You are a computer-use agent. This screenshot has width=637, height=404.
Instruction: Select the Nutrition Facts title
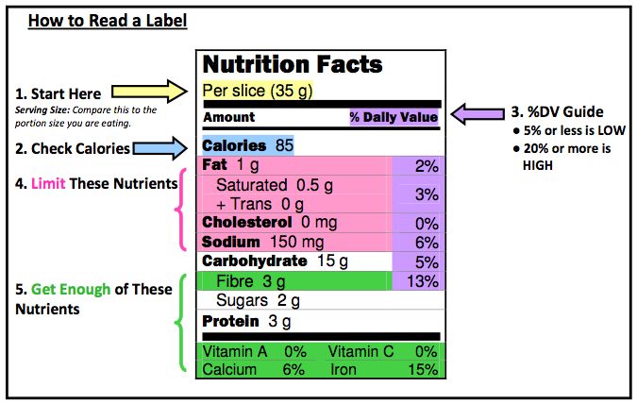click(x=293, y=65)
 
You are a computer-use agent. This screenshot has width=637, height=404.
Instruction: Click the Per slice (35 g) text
click(x=258, y=92)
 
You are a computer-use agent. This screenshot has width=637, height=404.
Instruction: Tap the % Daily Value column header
click(x=394, y=117)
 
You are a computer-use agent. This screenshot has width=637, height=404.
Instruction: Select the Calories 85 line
click(x=247, y=146)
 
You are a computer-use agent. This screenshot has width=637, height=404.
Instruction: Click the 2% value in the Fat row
click(x=427, y=166)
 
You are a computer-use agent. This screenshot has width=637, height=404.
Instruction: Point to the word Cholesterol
click(x=247, y=222)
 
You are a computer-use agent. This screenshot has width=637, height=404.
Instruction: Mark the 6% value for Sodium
click(x=427, y=242)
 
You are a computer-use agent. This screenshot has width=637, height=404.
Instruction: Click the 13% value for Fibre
click(x=423, y=281)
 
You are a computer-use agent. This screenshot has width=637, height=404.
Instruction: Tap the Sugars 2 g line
click(x=258, y=301)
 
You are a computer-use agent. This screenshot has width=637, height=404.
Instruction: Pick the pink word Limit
click(x=49, y=181)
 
